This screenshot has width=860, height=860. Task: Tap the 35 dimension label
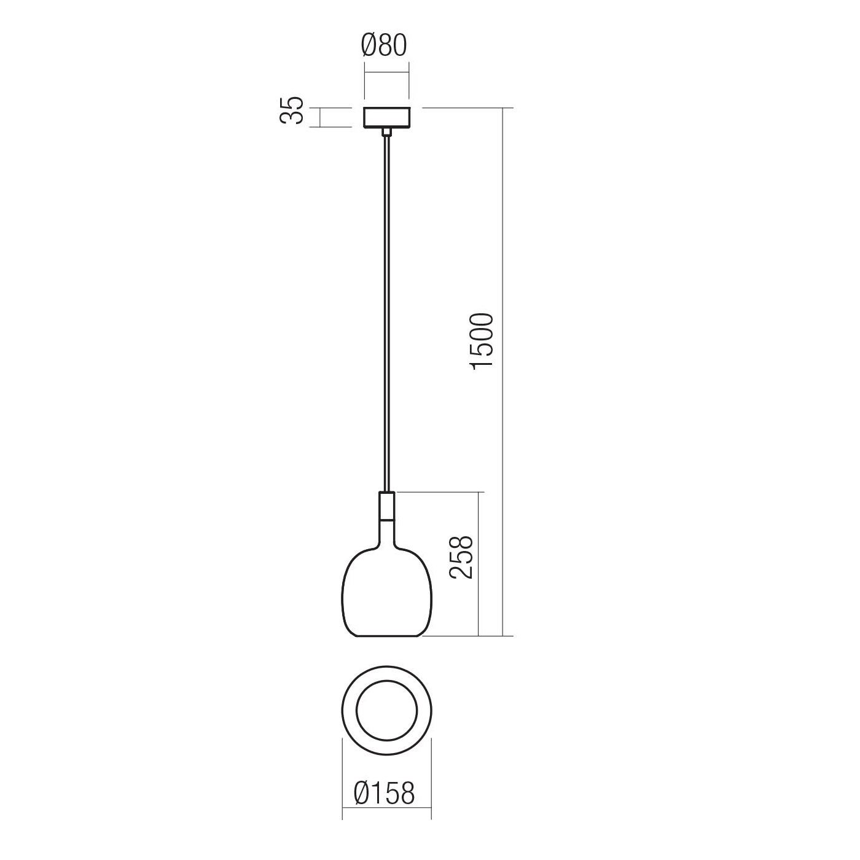point(292,110)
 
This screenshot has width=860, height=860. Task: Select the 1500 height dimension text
point(482,340)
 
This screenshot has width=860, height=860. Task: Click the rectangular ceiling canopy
point(386,118)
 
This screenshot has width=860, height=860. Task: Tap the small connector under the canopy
point(386,132)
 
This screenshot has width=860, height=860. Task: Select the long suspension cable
point(387,313)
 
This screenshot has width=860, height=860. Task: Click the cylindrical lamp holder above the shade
point(386,507)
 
